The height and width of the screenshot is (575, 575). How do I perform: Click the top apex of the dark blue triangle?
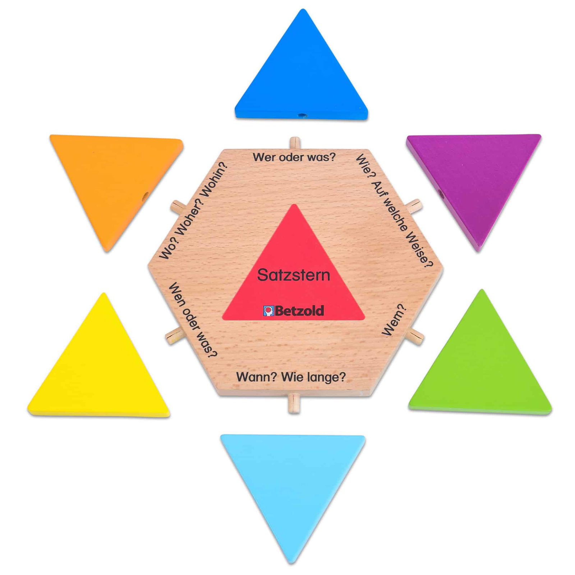coord(303,10)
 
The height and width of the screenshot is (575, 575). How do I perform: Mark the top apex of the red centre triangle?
coord(294,205)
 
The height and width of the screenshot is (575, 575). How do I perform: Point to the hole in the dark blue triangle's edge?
coord(302,115)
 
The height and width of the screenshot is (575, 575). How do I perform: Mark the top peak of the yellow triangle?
coord(104,294)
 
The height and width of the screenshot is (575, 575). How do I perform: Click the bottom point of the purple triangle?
coord(478,250)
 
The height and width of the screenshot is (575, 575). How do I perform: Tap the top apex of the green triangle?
coord(482,290)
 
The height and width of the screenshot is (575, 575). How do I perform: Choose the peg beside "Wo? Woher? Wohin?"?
coord(178,207)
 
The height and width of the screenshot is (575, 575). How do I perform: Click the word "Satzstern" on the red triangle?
coord(294,275)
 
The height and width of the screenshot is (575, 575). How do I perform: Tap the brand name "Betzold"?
coord(299,311)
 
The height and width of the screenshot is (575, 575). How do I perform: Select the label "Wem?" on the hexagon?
coord(394,320)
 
